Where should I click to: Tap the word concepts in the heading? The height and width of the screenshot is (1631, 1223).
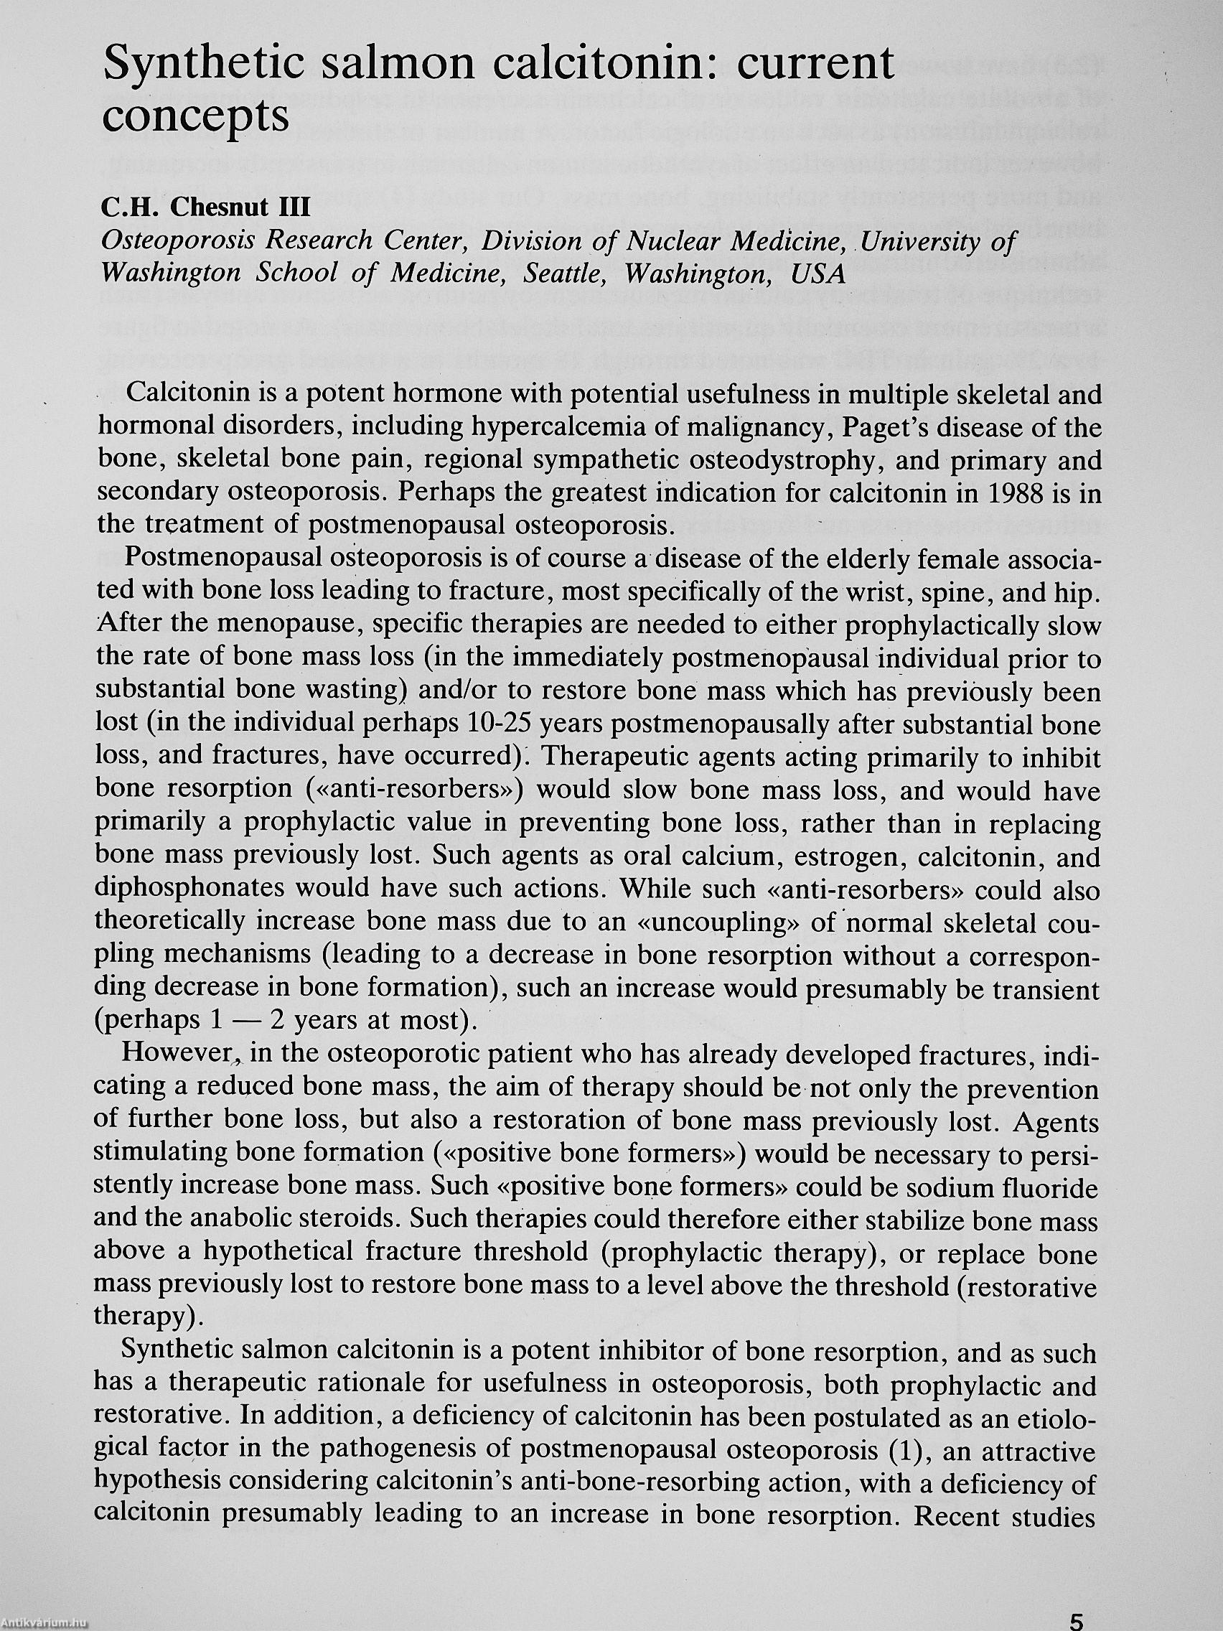(x=195, y=118)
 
